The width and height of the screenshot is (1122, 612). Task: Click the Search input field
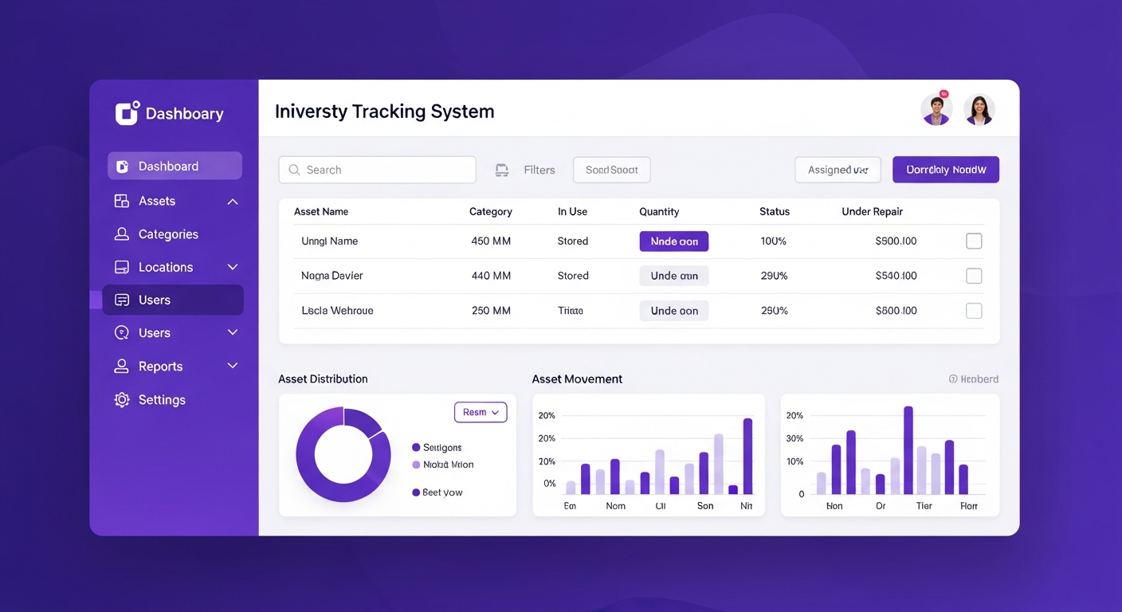(x=377, y=170)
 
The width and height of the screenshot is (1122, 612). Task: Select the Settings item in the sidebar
(x=161, y=400)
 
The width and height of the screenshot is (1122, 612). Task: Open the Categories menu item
(x=167, y=234)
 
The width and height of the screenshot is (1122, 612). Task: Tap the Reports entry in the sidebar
(x=160, y=367)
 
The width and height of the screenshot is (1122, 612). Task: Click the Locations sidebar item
(x=165, y=268)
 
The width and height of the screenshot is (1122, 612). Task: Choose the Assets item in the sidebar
(x=156, y=201)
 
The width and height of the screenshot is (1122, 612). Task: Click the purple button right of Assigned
(x=945, y=170)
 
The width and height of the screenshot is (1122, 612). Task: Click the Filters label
(x=539, y=170)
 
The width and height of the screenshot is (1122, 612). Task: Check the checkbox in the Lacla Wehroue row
(x=974, y=311)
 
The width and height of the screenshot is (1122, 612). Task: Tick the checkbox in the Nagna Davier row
(x=974, y=276)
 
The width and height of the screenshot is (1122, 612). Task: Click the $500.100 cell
(x=896, y=241)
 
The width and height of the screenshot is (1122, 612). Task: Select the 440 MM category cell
(x=491, y=276)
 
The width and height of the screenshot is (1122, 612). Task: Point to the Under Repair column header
(x=872, y=212)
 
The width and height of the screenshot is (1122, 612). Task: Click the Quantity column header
(x=659, y=212)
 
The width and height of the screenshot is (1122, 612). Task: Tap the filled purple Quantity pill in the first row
(x=673, y=241)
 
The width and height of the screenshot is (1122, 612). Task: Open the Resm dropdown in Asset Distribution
(x=481, y=412)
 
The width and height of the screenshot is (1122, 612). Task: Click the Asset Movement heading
(x=577, y=379)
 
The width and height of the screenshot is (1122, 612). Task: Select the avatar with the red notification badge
(x=936, y=110)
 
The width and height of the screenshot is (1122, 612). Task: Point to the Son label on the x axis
(x=705, y=506)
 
